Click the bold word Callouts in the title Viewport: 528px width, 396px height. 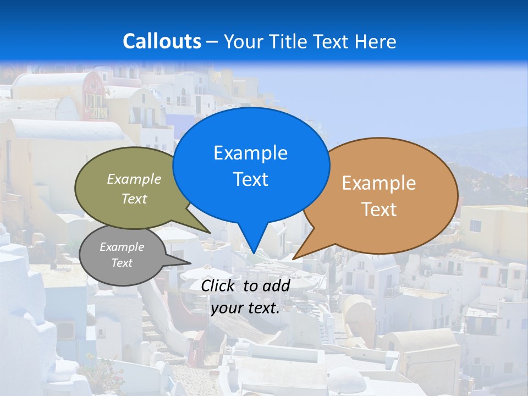click(162, 41)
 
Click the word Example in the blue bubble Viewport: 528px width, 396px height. click(250, 153)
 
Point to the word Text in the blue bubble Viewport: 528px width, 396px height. click(250, 179)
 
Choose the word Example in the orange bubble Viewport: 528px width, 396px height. click(379, 183)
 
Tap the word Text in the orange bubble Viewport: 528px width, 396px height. click(379, 210)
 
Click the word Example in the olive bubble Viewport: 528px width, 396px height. click(134, 179)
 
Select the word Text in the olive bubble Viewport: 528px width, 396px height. click(134, 199)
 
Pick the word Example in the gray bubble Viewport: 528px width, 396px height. click(122, 247)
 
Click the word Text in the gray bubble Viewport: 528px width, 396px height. click(122, 263)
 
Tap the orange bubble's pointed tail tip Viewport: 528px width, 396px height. click(295, 257)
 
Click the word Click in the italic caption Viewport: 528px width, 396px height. click(218, 285)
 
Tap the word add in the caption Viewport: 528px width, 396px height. click(276, 285)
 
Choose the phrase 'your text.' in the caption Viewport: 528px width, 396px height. click(245, 308)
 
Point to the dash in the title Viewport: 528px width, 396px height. click(213, 42)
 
